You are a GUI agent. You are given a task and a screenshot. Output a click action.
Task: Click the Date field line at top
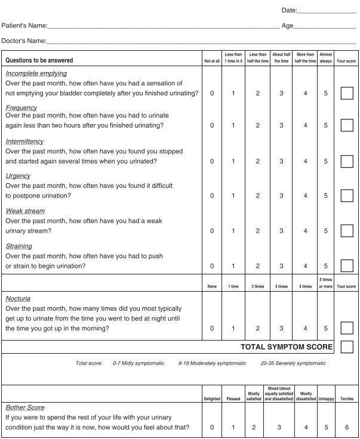[326, 11]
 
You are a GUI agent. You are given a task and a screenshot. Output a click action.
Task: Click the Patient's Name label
[24, 26]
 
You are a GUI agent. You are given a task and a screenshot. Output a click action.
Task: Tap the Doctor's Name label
[24, 41]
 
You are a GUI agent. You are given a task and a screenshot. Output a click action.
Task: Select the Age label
[287, 26]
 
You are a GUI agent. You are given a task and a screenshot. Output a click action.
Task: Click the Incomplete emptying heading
[36, 73]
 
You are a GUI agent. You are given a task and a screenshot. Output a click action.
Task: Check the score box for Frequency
[346, 125]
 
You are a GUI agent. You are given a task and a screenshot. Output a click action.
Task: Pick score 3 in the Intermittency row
[281, 161]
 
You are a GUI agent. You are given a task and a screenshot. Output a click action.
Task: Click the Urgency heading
[18, 176]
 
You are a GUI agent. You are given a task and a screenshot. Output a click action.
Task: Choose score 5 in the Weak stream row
[326, 231]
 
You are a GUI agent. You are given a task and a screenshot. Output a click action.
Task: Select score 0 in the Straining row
[212, 266]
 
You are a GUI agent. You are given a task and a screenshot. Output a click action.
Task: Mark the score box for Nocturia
[346, 328]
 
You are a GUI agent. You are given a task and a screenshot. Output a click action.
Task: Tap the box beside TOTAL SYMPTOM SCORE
[346, 347]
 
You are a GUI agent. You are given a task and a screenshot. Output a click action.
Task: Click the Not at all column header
[212, 61]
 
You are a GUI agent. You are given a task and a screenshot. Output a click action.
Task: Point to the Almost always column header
[326, 57]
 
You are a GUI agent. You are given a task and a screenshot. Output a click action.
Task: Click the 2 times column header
[257, 286]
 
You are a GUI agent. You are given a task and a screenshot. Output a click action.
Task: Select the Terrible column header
[346, 399]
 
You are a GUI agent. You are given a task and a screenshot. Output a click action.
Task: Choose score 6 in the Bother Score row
[346, 427]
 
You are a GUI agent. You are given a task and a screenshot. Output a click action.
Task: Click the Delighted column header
[212, 399]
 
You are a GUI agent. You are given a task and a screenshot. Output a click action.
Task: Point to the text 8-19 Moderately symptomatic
[212, 363]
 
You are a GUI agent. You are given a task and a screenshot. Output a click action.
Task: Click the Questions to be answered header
[39, 60]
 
